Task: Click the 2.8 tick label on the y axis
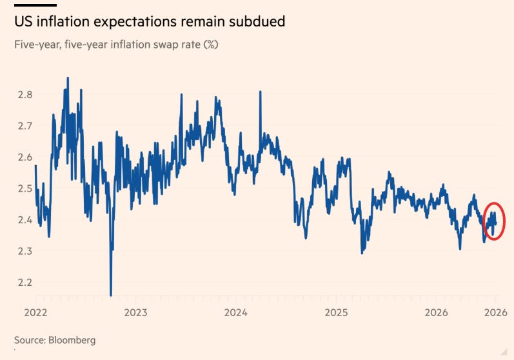point(25,95)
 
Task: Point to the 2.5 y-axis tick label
point(25,188)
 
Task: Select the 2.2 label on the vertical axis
point(25,283)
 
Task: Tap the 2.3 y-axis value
point(25,251)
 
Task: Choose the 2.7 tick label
point(25,126)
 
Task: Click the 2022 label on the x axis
point(35,312)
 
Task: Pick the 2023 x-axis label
point(135,312)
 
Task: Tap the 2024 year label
point(235,312)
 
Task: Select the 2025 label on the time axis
point(337,312)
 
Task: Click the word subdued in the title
point(257,22)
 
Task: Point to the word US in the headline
point(24,22)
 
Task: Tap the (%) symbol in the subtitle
point(210,45)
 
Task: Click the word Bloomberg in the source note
point(72,341)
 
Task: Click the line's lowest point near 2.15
point(111,295)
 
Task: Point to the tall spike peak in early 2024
point(261,92)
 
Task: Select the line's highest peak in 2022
point(68,78)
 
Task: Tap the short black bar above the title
point(35,5)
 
